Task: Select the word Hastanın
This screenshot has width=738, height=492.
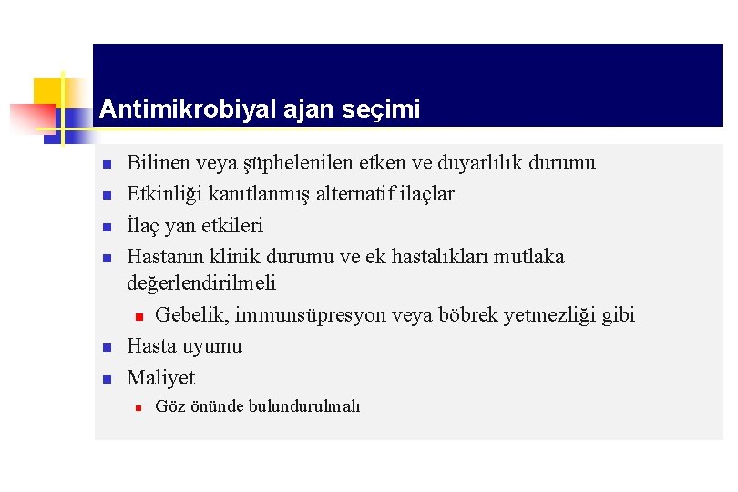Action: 165,257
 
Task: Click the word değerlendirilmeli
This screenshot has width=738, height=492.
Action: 201,284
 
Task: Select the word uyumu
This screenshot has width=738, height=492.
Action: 212,346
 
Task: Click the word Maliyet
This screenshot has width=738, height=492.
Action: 161,377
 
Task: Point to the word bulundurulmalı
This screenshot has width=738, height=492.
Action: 304,406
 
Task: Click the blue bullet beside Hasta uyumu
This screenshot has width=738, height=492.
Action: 106,347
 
